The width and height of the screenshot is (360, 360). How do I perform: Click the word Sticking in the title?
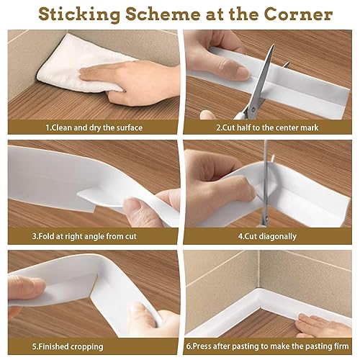[x=79, y=14]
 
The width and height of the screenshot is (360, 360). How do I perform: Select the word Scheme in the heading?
[x=163, y=14]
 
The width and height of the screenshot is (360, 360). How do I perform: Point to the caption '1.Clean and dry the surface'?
[x=94, y=127]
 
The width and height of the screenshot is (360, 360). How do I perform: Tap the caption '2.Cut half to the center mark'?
[x=267, y=127]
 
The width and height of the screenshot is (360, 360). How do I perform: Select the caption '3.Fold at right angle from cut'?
[x=84, y=236]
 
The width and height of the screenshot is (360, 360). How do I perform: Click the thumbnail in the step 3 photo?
[x=131, y=204]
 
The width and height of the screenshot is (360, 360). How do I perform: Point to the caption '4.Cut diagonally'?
[x=267, y=236]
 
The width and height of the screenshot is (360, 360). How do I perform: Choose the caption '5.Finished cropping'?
[x=68, y=346]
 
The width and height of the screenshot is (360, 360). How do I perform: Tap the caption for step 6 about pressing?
[x=267, y=346]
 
